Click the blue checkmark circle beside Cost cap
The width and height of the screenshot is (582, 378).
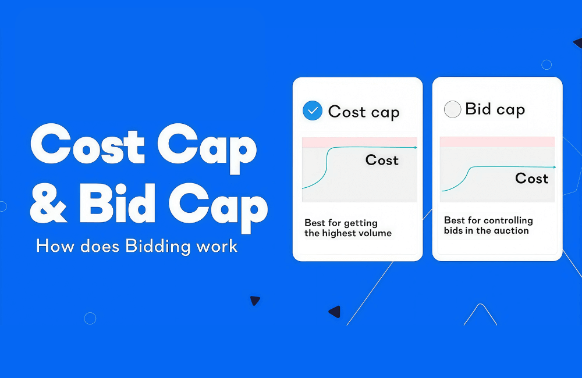click(x=313, y=110)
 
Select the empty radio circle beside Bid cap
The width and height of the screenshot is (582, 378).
click(x=452, y=109)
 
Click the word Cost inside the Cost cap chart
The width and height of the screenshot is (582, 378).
click(x=382, y=160)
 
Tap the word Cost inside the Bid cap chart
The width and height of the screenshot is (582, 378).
click(x=531, y=179)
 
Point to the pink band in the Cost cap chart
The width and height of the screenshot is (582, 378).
click(x=359, y=142)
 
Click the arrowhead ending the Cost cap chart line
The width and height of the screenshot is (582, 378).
click(x=416, y=148)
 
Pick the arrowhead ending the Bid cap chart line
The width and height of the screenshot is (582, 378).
click(x=554, y=167)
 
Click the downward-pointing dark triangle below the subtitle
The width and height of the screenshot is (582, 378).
click(x=255, y=301)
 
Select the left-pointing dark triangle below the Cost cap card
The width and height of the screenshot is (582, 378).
click(x=334, y=312)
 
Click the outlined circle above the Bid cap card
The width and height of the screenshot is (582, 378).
click(x=546, y=65)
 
